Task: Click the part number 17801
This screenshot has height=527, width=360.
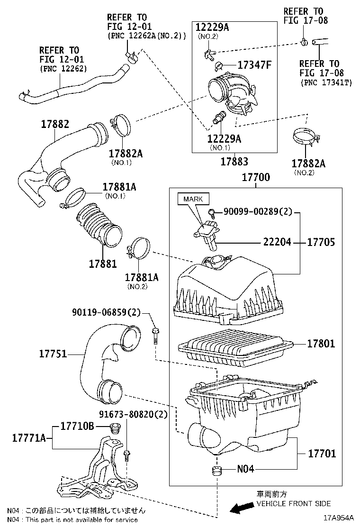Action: [x=321, y=343]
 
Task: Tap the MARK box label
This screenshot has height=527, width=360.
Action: [x=193, y=199]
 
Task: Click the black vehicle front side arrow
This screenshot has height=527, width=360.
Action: [x=241, y=508]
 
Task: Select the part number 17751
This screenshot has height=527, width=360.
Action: [x=53, y=354]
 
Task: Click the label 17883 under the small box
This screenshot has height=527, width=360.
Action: [x=234, y=162]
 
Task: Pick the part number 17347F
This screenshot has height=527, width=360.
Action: [x=254, y=65]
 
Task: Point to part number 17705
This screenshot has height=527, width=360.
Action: [x=321, y=242]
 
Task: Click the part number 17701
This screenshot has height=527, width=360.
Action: [x=322, y=454]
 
